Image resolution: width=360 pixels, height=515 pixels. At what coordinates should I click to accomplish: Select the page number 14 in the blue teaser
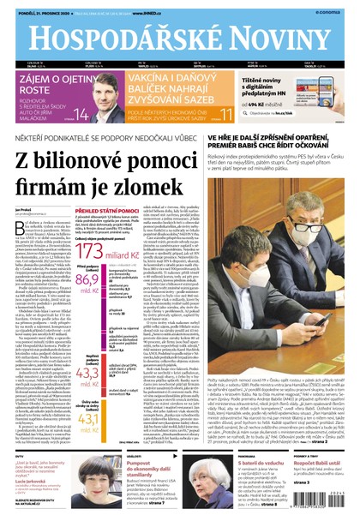(80, 115)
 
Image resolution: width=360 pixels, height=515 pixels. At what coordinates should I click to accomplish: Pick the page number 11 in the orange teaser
(226, 115)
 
